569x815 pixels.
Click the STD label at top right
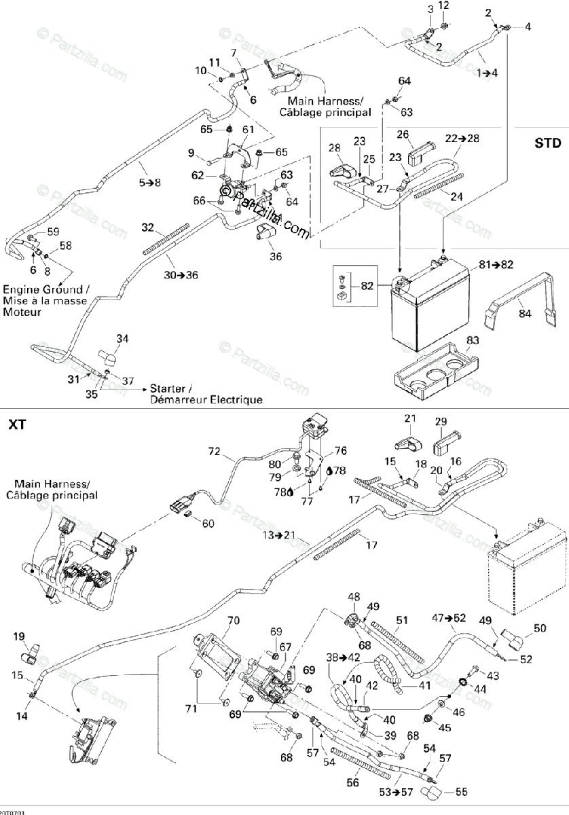tap(547, 143)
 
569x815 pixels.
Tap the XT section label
tap(18, 425)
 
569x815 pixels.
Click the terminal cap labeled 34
tap(107, 355)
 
